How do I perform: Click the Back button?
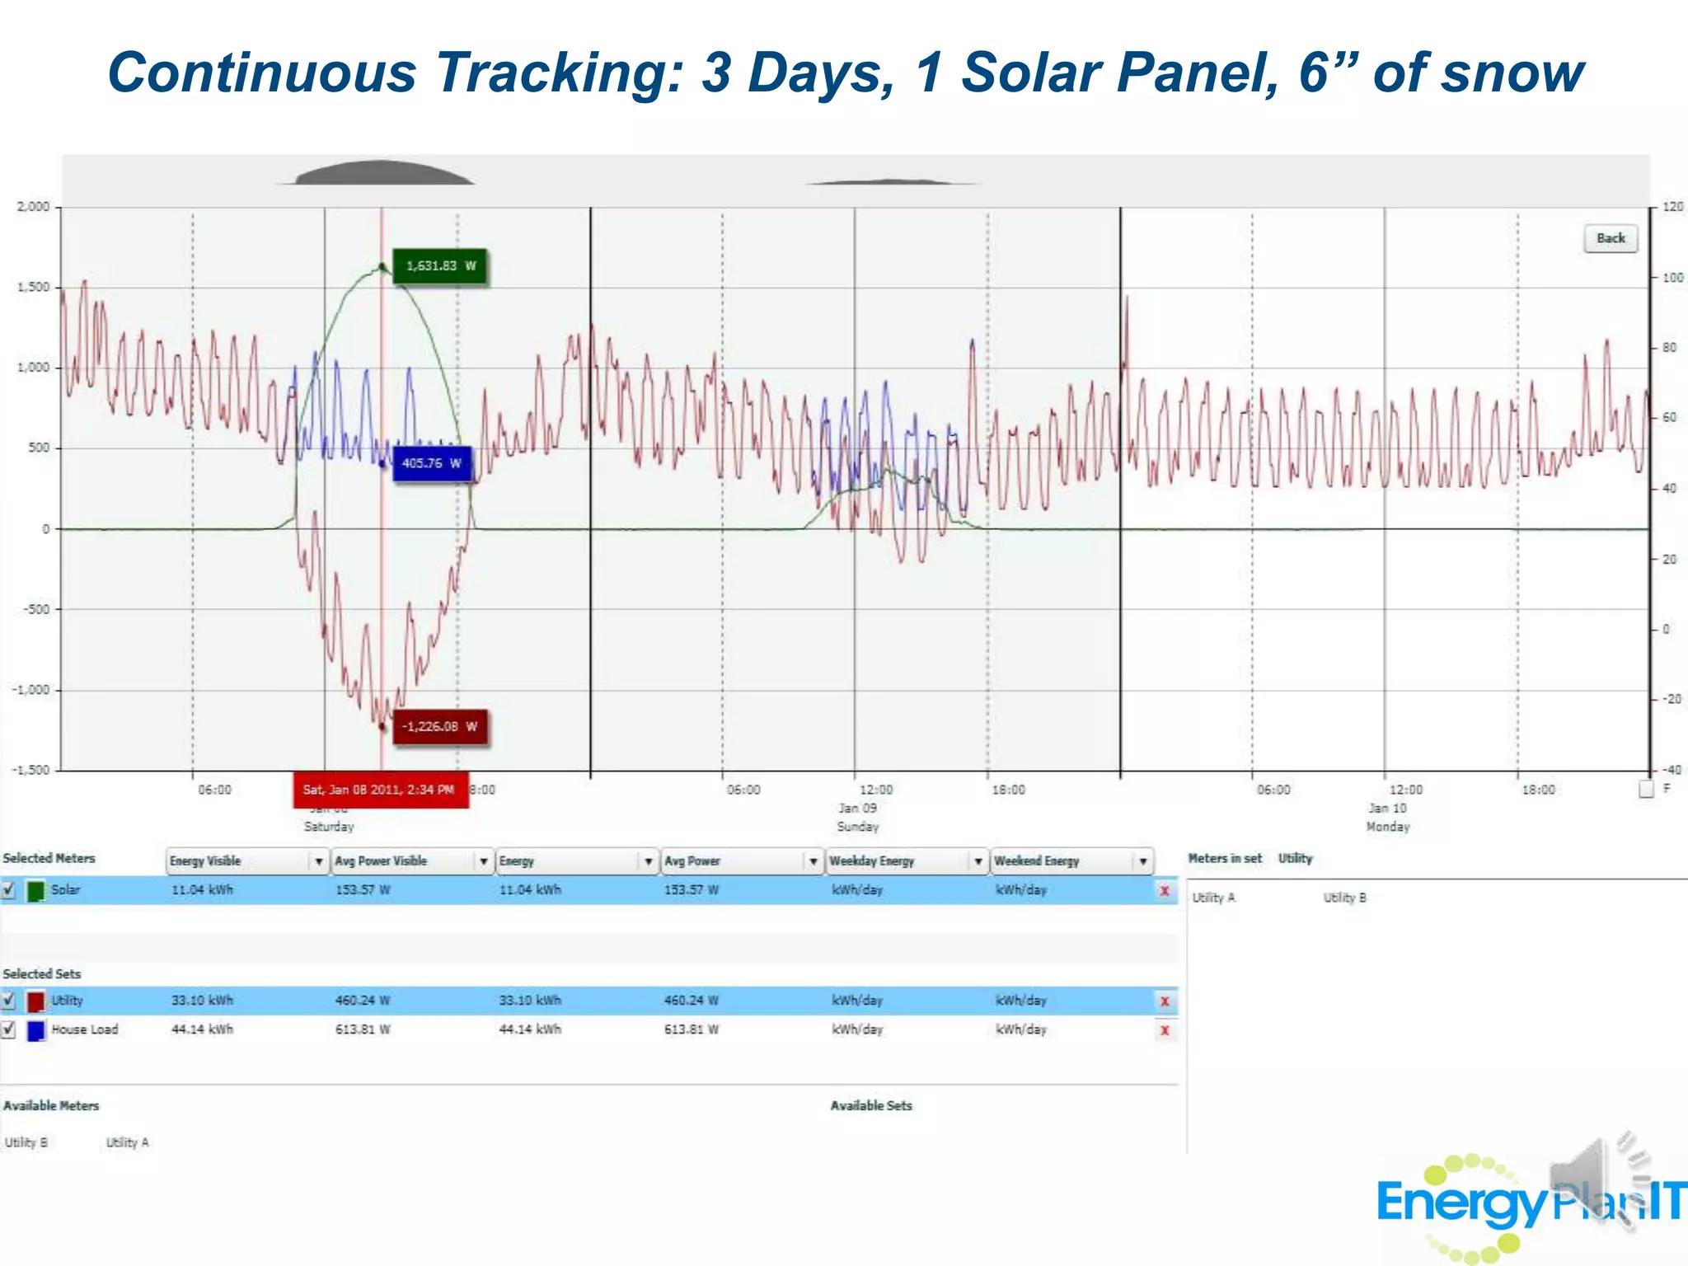coord(1611,238)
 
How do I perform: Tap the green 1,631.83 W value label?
coord(440,266)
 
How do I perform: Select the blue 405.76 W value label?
coord(431,464)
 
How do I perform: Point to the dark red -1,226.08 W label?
coord(439,727)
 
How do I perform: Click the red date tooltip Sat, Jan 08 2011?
coord(380,790)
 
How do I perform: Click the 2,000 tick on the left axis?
coord(33,207)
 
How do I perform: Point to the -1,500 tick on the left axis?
coord(30,770)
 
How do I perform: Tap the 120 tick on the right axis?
coord(1672,207)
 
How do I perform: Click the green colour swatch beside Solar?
coord(35,891)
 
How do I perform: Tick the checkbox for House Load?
coord(9,1029)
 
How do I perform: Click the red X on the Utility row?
coord(1165,1001)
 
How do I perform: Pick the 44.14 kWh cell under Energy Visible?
coord(202,1029)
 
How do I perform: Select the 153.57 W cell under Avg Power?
coord(691,890)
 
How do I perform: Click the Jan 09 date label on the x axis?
coord(858,809)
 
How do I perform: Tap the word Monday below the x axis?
coord(1388,827)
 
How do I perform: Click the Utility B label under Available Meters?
coord(26,1142)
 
